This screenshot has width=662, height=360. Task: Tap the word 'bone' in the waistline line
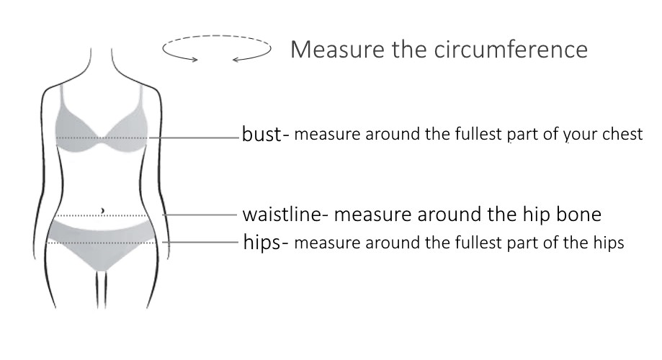[581, 215]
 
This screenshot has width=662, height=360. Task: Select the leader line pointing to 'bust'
[194, 137]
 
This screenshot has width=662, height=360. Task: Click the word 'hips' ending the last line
[609, 243]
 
